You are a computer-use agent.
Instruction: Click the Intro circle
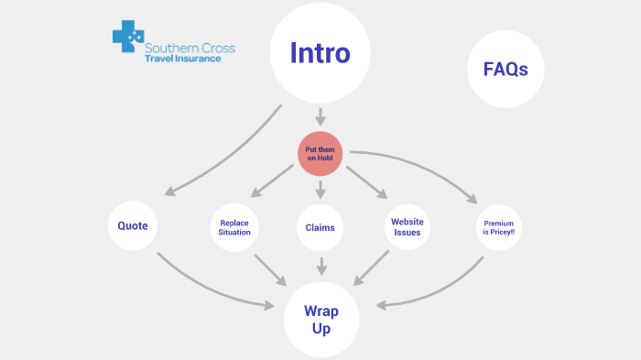(x=320, y=53)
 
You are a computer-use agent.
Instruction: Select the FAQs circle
(x=505, y=70)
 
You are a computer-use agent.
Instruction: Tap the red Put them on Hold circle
(x=320, y=153)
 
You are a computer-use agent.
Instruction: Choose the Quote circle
(x=133, y=226)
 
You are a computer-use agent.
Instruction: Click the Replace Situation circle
(x=235, y=227)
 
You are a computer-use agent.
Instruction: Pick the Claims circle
(x=320, y=227)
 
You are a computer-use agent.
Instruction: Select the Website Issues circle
(x=407, y=227)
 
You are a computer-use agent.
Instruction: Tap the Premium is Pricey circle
(x=499, y=227)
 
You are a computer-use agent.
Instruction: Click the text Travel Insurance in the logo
(x=182, y=58)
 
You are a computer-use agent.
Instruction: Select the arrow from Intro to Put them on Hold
(x=320, y=117)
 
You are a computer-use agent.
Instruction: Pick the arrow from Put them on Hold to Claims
(x=320, y=190)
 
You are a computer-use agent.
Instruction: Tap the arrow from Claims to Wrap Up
(x=320, y=265)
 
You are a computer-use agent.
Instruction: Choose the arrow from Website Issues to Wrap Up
(x=372, y=268)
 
